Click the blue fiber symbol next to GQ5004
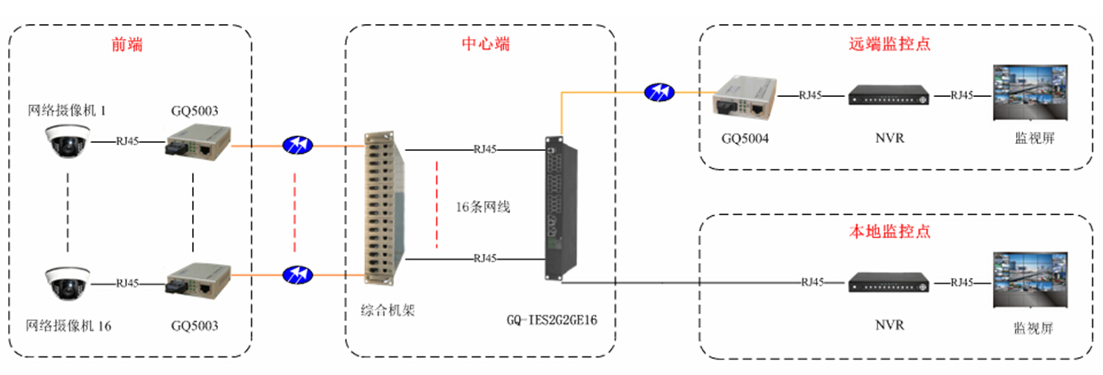click(659, 92)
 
